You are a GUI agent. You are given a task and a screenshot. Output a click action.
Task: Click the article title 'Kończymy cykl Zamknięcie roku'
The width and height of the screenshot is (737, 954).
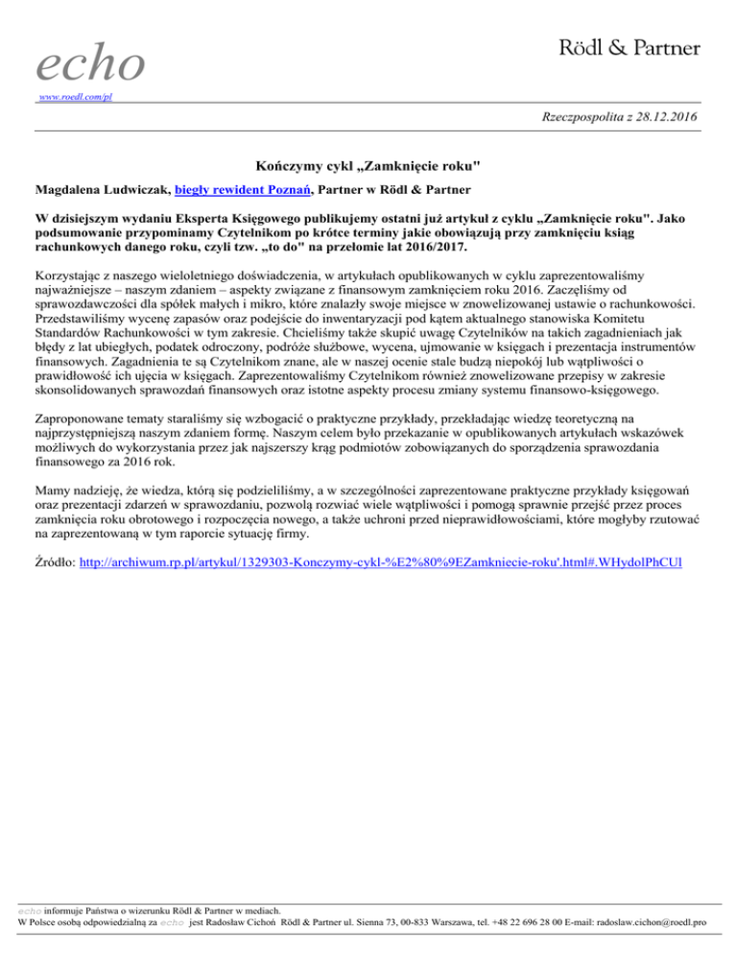(368, 167)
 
